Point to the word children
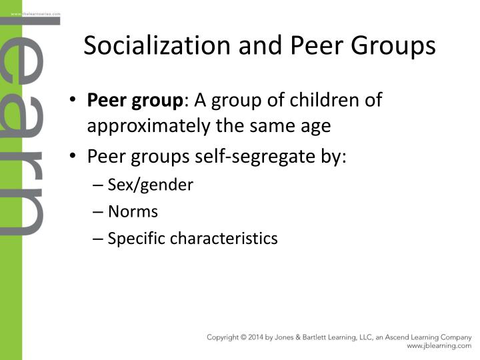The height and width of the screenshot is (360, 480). [x=329, y=101]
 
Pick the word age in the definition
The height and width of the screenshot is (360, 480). [x=315, y=125]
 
